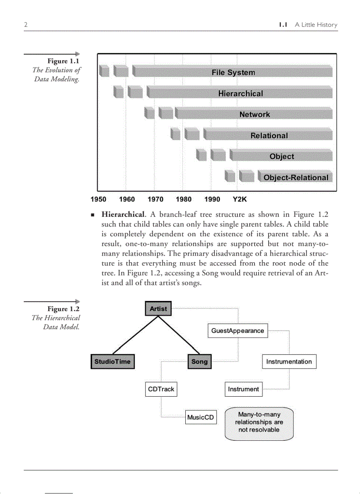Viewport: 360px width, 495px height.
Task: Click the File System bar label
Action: pyautogui.click(x=233, y=72)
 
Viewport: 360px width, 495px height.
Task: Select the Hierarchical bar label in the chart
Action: pyautogui.click(x=240, y=93)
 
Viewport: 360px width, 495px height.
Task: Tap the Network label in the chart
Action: pyautogui.click(x=255, y=114)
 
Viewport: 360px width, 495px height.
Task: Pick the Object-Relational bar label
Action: pyautogui.click(x=296, y=178)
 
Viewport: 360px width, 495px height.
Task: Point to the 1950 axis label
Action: pyautogui.click(x=98, y=199)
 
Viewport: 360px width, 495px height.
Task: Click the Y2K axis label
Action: pyautogui.click(x=240, y=199)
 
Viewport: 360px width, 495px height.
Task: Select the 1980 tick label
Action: pyautogui.click(x=184, y=199)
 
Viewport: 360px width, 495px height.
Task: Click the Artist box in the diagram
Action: pyautogui.click(x=158, y=309)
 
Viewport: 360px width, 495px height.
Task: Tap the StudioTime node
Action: pyautogui.click(x=112, y=361)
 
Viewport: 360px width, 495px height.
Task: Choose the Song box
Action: pyautogui.click(x=199, y=361)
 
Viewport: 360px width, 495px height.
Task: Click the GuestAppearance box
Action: pyautogui.click(x=237, y=331)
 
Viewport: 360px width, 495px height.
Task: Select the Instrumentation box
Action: pyautogui.click(x=289, y=361)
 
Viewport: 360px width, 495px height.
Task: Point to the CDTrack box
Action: pyautogui.click(x=161, y=389)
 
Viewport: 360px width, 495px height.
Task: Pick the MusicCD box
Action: pyautogui.click(x=201, y=417)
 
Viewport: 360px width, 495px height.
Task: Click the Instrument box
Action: pyautogui.click(x=244, y=389)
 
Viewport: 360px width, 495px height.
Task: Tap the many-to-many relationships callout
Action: pyautogui.click(x=259, y=422)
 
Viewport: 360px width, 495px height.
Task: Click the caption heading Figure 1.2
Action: pyautogui.click(x=64, y=309)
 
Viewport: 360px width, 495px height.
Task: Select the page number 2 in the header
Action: pyautogui.click(x=26, y=25)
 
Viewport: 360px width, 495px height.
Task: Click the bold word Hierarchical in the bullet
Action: pyautogui.click(x=123, y=215)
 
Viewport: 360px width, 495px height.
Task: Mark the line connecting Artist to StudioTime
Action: pyautogui.click(x=135, y=335)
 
